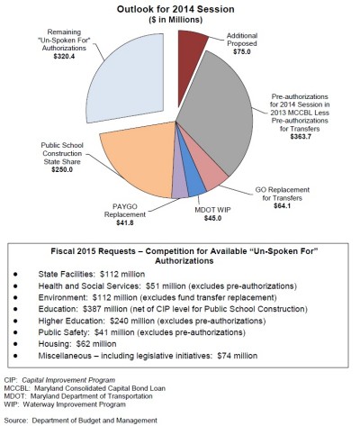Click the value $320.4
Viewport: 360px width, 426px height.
pos(64,56)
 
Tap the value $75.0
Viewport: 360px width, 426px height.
pos(242,51)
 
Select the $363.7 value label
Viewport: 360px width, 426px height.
pos(301,137)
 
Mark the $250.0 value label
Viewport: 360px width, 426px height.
pos(62,169)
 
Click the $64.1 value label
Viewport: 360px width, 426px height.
pos(283,206)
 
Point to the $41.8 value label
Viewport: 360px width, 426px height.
pos(125,222)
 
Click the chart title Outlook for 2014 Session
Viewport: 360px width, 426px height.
pos(175,9)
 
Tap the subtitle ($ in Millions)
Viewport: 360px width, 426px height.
pos(175,20)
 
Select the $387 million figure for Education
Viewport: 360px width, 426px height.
pos(105,309)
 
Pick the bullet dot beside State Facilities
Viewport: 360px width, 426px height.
pos(15,274)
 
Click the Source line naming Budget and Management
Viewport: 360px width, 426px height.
pos(81,421)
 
